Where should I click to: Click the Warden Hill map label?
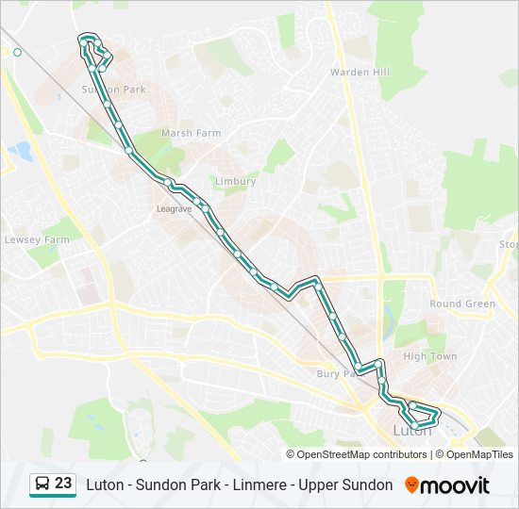pyautogui.click(x=360, y=72)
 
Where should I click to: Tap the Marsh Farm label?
pyautogui.click(x=191, y=133)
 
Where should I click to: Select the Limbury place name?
pyautogui.click(x=235, y=181)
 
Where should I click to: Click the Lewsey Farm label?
pyautogui.click(x=37, y=239)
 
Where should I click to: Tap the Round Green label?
pyautogui.click(x=462, y=304)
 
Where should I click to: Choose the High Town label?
pyautogui.click(x=429, y=356)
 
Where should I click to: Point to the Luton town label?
pyautogui.click(x=411, y=432)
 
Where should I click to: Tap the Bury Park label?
pyautogui.click(x=336, y=374)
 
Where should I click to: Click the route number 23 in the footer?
pyautogui.click(x=63, y=484)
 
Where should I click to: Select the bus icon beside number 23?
pyautogui.click(x=42, y=484)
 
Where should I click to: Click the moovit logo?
pyautogui.click(x=455, y=485)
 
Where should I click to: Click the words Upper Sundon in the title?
pyautogui.click(x=346, y=484)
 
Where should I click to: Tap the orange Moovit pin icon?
pyautogui.click(x=411, y=485)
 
